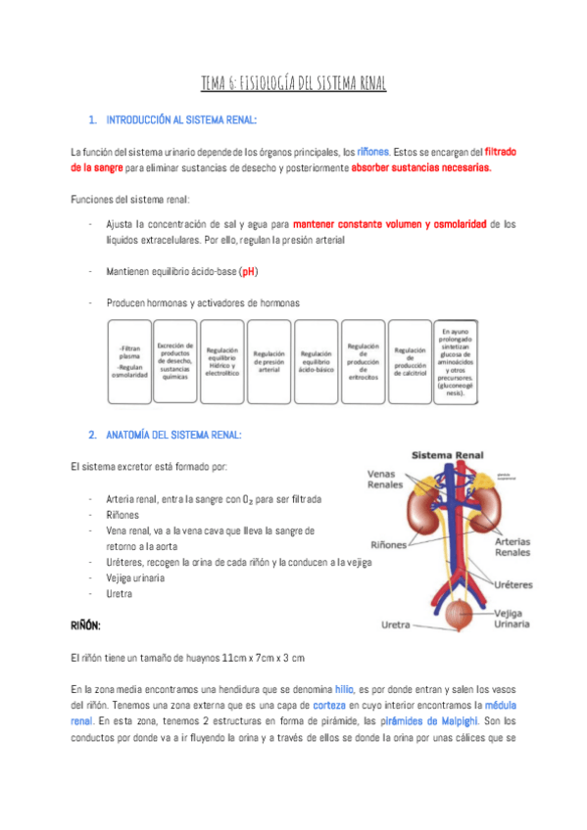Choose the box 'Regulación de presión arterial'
[269, 361]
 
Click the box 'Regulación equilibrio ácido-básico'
[316, 361]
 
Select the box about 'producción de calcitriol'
[409, 361]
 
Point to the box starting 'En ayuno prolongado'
[456, 361]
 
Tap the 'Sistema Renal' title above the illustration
[446, 456]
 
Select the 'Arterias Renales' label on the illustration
[513, 546]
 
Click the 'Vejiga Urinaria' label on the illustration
[511, 618]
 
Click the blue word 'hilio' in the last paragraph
[344, 689]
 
